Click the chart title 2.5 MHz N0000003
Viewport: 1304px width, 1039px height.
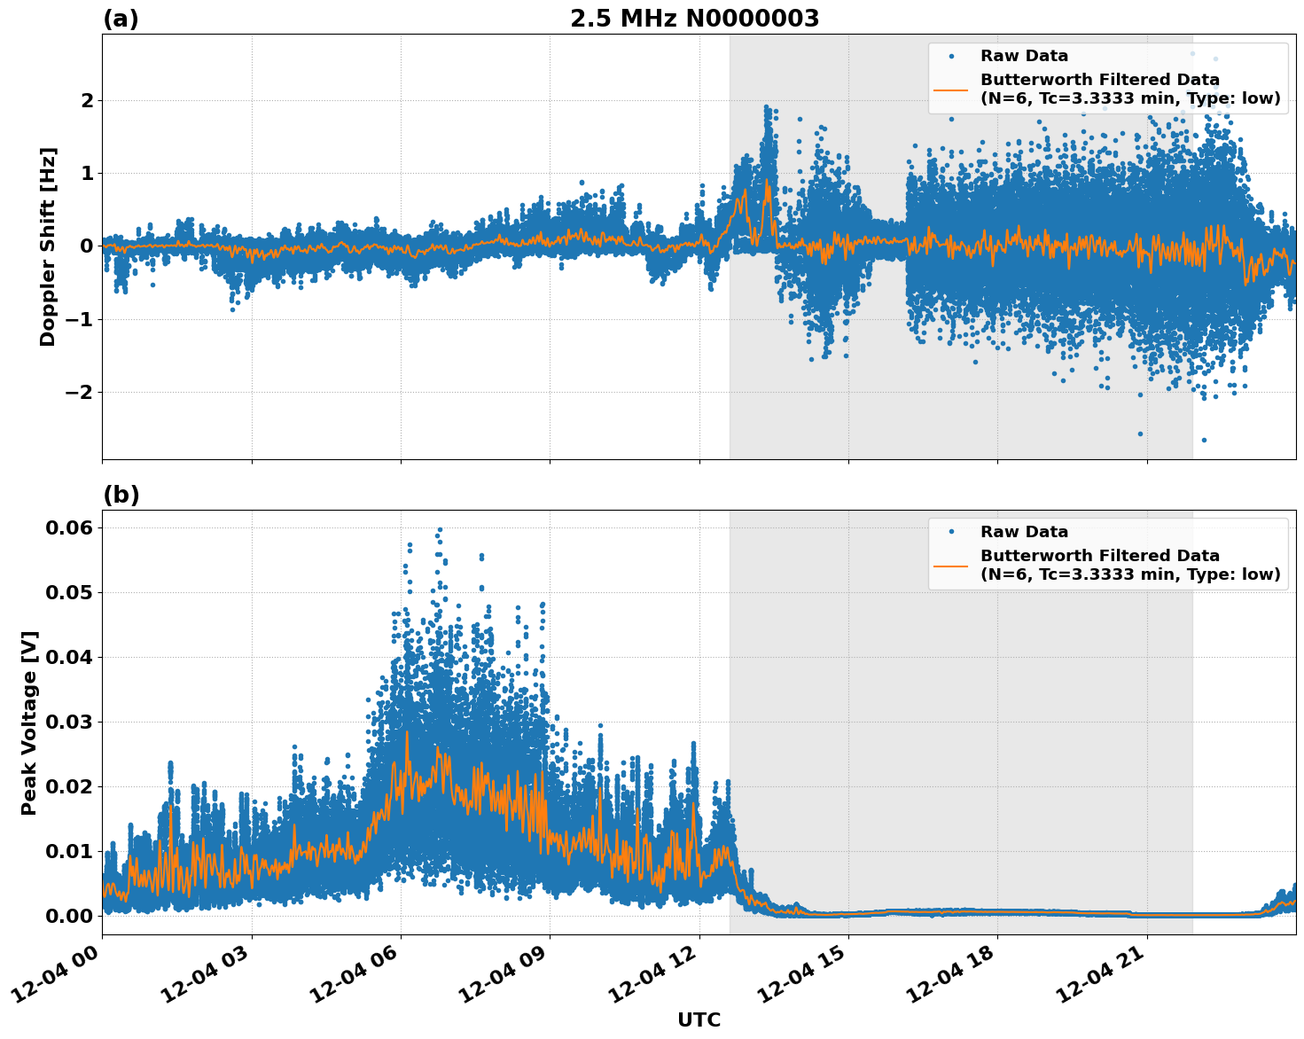694,19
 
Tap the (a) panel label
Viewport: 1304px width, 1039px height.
121,19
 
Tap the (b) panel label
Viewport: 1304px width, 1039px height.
121,495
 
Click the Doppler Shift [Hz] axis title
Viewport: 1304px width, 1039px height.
48,246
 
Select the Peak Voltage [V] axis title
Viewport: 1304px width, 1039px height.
30,723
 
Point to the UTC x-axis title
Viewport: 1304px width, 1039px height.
699,1019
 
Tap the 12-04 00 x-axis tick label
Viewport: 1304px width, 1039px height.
55,974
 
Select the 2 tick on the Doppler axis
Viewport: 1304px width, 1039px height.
86,100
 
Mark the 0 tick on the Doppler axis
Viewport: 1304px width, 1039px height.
86,246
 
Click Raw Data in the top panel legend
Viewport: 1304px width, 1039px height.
1024,56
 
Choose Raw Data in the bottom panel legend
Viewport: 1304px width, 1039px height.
1024,532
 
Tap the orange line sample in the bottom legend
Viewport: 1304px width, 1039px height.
950,566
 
